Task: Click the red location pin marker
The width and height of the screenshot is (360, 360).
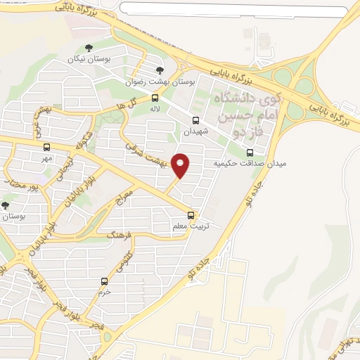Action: pyautogui.click(x=181, y=165)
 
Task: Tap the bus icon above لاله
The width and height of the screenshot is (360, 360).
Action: pyautogui.click(x=155, y=98)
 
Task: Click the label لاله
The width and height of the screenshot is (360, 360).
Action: pyautogui.click(x=155, y=109)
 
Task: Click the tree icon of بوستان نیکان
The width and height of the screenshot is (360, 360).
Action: pyautogui.click(x=89, y=49)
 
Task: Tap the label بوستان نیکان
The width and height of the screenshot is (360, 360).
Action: pyautogui.click(x=89, y=59)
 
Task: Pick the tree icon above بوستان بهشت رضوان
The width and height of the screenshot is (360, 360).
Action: pyautogui.click(x=160, y=70)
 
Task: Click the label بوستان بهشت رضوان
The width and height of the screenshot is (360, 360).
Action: pyautogui.click(x=150, y=82)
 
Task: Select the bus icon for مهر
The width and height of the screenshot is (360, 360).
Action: pyautogui.click(x=46, y=148)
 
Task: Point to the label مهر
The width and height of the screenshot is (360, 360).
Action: pyautogui.click(x=46, y=158)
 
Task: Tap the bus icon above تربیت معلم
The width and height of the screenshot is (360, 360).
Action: pyautogui.click(x=191, y=215)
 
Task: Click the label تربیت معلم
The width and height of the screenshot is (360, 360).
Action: pyautogui.click(x=188, y=226)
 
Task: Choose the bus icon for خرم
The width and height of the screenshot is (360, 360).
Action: pyautogui.click(x=105, y=281)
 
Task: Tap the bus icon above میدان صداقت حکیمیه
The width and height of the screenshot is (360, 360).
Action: pyautogui.click(x=250, y=153)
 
